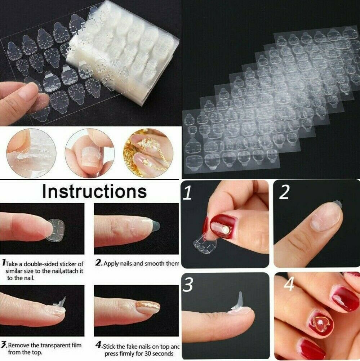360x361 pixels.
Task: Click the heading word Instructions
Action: pos(94,191)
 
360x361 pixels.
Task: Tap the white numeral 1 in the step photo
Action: pos(187,194)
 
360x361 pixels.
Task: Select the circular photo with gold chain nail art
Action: pos(148,153)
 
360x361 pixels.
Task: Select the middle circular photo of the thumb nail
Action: pos(90,153)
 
